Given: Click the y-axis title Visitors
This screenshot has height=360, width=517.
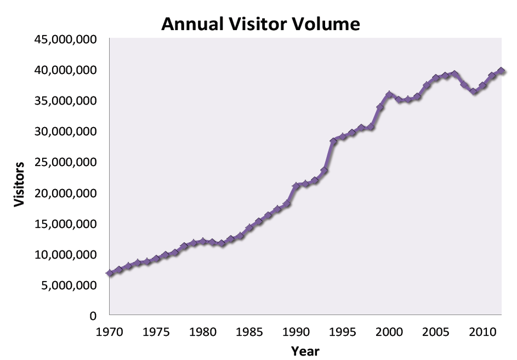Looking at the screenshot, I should click(x=20, y=184).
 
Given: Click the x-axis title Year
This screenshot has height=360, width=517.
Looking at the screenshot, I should click(x=305, y=351).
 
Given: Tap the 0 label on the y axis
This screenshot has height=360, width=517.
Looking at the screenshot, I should click(x=93, y=316).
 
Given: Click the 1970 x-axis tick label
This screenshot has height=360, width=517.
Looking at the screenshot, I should click(x=110, y=332).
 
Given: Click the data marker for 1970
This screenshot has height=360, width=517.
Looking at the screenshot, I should click(x=110, y=273).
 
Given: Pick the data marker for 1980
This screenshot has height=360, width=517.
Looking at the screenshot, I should click(x=203, y=241).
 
